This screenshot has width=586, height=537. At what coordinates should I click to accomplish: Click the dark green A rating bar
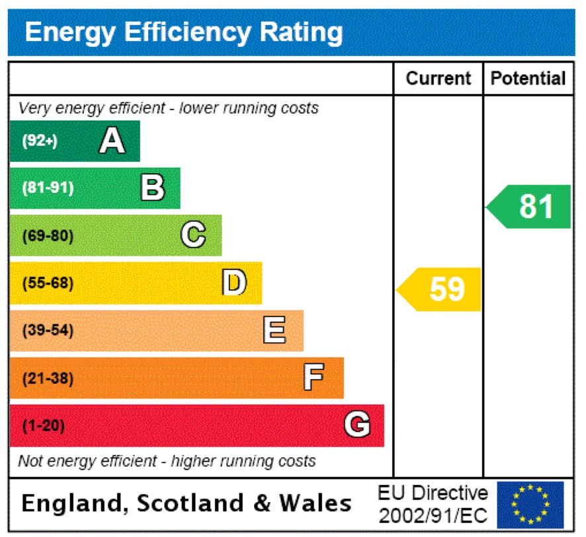coord(74,141)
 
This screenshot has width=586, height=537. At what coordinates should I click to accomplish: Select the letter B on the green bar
coord(153,188)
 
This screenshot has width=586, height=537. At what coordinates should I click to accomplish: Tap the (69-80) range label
coord(48,236)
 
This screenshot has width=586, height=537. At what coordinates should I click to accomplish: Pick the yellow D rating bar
coord(136,283)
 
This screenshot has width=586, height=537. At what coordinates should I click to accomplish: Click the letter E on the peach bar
coord(274,330)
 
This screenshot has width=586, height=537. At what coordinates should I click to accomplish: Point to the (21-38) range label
coord(48,379)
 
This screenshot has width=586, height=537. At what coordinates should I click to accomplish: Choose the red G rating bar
coord(196,426)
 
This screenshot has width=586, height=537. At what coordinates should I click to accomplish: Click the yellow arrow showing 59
coord(440,289)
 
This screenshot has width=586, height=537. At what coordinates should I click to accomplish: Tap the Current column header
coord(438,79)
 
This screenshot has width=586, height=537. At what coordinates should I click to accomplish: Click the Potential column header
coord(528,79)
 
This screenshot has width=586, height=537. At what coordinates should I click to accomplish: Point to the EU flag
coord(530,505)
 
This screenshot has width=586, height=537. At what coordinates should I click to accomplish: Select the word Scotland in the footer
coord(190,503)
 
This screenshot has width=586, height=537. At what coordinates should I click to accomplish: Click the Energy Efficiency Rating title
coord(183,32)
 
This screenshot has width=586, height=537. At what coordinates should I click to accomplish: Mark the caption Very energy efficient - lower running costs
coord(168,108)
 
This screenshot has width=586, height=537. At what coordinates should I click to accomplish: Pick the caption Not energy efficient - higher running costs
coord(167,460)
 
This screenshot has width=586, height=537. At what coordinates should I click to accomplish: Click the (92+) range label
coord(40,141)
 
